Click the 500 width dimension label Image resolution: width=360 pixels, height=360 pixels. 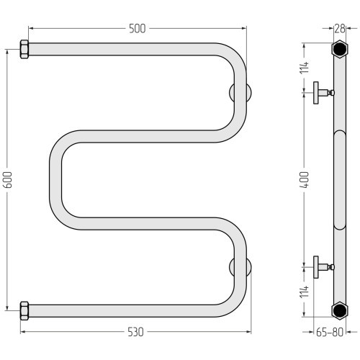138,29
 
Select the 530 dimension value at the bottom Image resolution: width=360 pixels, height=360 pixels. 135,332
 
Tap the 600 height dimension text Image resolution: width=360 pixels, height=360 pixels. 8,180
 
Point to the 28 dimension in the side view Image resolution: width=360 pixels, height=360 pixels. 340,29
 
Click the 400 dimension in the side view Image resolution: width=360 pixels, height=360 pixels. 305,179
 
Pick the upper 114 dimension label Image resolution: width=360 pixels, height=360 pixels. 305,68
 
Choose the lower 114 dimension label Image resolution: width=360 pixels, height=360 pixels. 305,292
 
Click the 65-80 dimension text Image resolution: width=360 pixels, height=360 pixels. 330,332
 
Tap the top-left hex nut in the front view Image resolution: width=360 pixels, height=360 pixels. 24,49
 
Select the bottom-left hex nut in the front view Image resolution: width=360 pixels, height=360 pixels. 24,311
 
